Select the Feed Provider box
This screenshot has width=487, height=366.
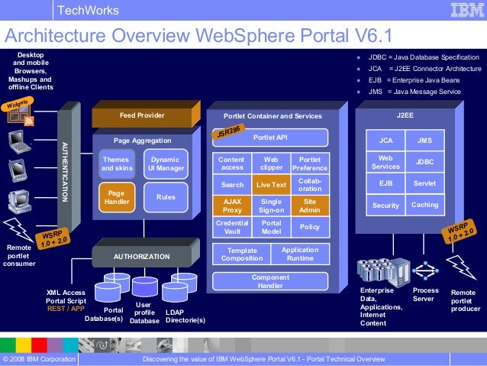[x=142, y=115]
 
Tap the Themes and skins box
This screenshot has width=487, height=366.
[x=116, y=164]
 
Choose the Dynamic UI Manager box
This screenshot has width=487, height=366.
[x=165, y=164]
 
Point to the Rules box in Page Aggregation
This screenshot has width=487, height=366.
[x=166, y=197]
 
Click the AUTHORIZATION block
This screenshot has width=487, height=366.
[x=141, y=256]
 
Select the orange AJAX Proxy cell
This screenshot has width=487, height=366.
[x=231, y=205]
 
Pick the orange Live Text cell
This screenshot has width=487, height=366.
[x=271, y=184]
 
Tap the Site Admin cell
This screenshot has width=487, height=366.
[x=310, y=205]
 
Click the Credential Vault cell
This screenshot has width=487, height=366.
[x=231, y=227]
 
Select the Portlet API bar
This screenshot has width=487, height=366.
[x=270, y=138]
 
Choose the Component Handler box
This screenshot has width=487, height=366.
[x=270, y=282]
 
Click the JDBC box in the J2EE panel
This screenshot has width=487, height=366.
[x=424, y=162]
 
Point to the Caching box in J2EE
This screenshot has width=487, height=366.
[x=424, y=205]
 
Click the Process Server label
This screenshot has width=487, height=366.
[x=425, y=295]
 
